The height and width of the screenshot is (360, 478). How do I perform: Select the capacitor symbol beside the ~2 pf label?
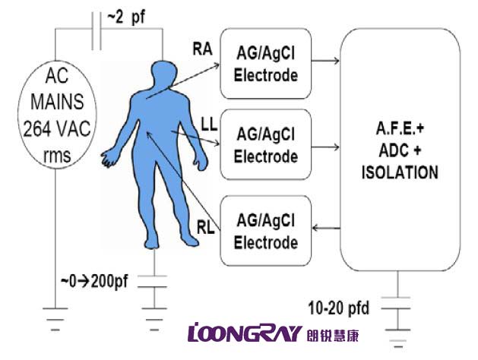[x=96, y=30]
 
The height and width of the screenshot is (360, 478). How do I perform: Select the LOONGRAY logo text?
[x=242, y=332]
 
